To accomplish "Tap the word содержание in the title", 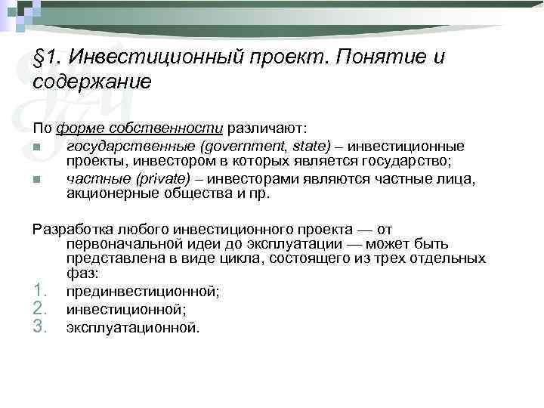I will click(x=92, y=82).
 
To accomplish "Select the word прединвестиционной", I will click(x=141, y=292).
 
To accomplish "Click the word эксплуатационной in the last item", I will click(x=131, y=327).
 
